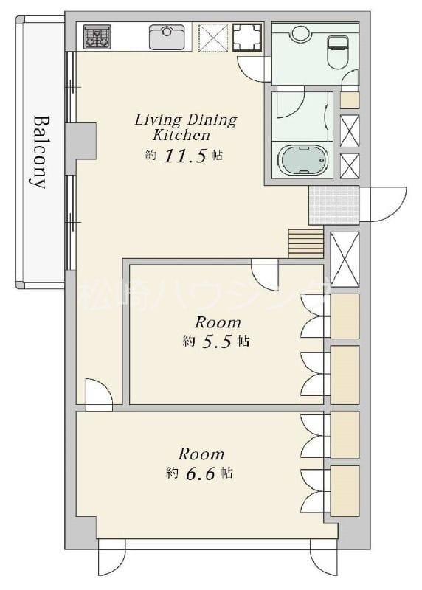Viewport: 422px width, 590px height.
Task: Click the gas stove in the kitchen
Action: (x=97, y=36)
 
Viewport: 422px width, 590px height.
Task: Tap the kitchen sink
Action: (x=167, y=37)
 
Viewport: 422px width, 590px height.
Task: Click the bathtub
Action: (x=302, y=160)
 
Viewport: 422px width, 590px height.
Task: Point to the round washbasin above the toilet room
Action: (x=300, y=32)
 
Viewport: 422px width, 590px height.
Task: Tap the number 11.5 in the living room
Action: (x=185, y=156)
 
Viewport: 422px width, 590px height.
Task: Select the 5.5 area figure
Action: (x=216, y=341)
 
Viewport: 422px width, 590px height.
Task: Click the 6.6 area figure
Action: (x=201, y=473)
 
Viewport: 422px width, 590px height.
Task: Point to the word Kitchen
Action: (x=181, y=135)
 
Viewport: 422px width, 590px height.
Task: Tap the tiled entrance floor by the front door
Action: (x=334, y=205)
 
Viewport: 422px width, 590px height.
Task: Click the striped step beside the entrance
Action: (x=306, y=243)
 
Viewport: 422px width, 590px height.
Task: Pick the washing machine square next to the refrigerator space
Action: (x=247, y=37)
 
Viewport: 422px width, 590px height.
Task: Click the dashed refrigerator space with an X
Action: (x=213, y=37)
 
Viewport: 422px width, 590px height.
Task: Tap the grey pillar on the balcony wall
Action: (x=81, y=141)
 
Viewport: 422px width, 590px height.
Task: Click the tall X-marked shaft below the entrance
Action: (x=345, y=259)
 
